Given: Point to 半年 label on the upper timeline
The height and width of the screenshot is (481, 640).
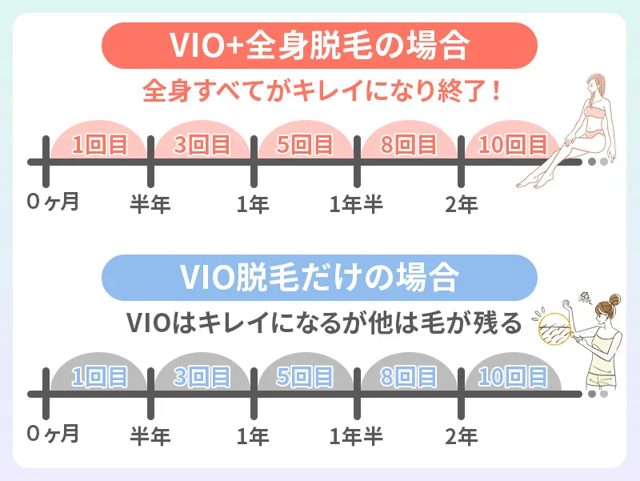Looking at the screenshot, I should (150, 204).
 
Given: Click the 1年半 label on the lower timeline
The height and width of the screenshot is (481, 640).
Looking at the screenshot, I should (357, 436).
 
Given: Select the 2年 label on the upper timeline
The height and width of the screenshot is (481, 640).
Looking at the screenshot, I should (462, 204).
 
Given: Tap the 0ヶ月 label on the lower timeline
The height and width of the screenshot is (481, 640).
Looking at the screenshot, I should (53, 435).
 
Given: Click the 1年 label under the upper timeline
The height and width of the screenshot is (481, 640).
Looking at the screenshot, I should (254, 204).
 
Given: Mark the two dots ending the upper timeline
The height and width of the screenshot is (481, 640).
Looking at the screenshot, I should (598, 162).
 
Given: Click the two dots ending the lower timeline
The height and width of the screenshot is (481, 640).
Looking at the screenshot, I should (598, 394).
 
